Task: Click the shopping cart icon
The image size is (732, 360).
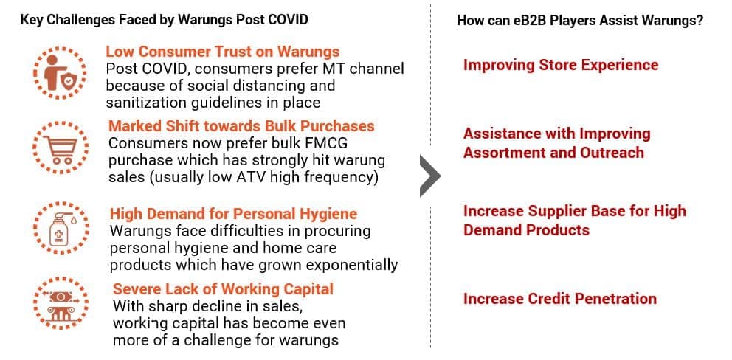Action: (60, 148)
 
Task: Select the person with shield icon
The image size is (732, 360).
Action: (60, 73)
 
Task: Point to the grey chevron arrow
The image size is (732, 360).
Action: (430, 176)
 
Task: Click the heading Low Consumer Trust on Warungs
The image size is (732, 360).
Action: (223, 52)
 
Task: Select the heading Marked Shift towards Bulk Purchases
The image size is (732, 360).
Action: (241, 126)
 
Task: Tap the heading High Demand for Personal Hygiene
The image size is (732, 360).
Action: (233, 214)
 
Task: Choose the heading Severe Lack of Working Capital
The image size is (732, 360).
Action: (223, 288)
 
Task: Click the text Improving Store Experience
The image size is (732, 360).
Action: (561, 64)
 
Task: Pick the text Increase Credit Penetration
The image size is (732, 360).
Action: (560, 298)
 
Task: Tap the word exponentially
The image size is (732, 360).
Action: (344, 265)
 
